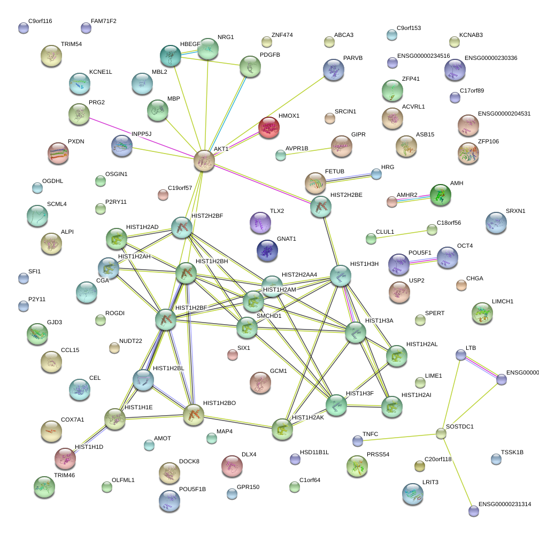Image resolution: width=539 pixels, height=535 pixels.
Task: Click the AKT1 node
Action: [204, 160]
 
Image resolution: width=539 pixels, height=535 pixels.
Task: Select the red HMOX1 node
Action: [268, 128]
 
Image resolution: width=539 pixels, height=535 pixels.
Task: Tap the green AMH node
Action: [441, 195]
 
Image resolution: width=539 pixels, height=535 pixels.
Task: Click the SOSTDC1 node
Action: [441, 433]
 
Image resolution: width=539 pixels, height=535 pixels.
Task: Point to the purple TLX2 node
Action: [260, 223]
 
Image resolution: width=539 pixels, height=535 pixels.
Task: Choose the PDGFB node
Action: [250, 67]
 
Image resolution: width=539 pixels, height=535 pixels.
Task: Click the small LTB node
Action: [460, 355]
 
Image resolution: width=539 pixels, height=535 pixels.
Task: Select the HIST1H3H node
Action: [340, 276]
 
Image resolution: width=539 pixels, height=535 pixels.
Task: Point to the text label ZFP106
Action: [489, 141]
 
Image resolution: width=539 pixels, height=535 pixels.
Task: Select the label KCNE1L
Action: [101, 72]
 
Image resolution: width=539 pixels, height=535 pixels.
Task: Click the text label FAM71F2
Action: [104, 21]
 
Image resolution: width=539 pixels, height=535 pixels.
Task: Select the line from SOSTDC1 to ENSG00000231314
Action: [456, 471]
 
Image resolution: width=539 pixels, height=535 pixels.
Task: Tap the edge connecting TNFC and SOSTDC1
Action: [398, 437]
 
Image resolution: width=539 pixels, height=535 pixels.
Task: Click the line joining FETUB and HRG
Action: [349, 178]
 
